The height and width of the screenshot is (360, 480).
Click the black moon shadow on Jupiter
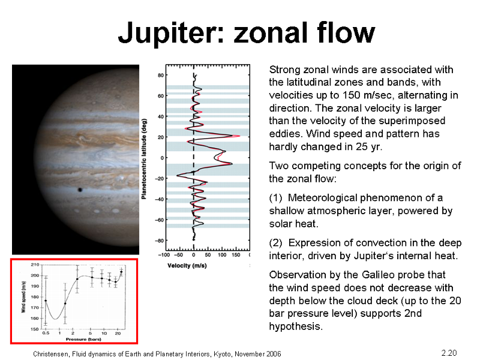[x=80, y=190]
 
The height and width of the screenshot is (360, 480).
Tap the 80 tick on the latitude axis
[x=161, y=76]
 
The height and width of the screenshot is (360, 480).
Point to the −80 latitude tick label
[x=159, y=241]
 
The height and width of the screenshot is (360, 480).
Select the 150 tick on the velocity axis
[x=236, y=255]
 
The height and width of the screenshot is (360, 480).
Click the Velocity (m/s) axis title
[x=187, y=265]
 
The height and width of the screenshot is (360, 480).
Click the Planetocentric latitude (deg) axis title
[x=144, y=159]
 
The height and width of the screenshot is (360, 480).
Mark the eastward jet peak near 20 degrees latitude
[x=239, y=136]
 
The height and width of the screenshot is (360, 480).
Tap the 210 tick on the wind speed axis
[x=35, y=265]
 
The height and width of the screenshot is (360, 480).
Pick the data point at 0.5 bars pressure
[x=46, y=301]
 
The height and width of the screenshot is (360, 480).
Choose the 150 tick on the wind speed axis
[x=35, y=329]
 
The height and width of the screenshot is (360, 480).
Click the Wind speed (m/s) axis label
[x=23, y=297]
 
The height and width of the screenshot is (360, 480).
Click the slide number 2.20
[x=449, y=353]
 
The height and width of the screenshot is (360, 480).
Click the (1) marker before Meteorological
[x=275, y=198]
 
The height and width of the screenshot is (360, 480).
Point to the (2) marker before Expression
[x=275, y=243]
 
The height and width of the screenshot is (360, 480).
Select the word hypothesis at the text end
[x=296, y=326]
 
